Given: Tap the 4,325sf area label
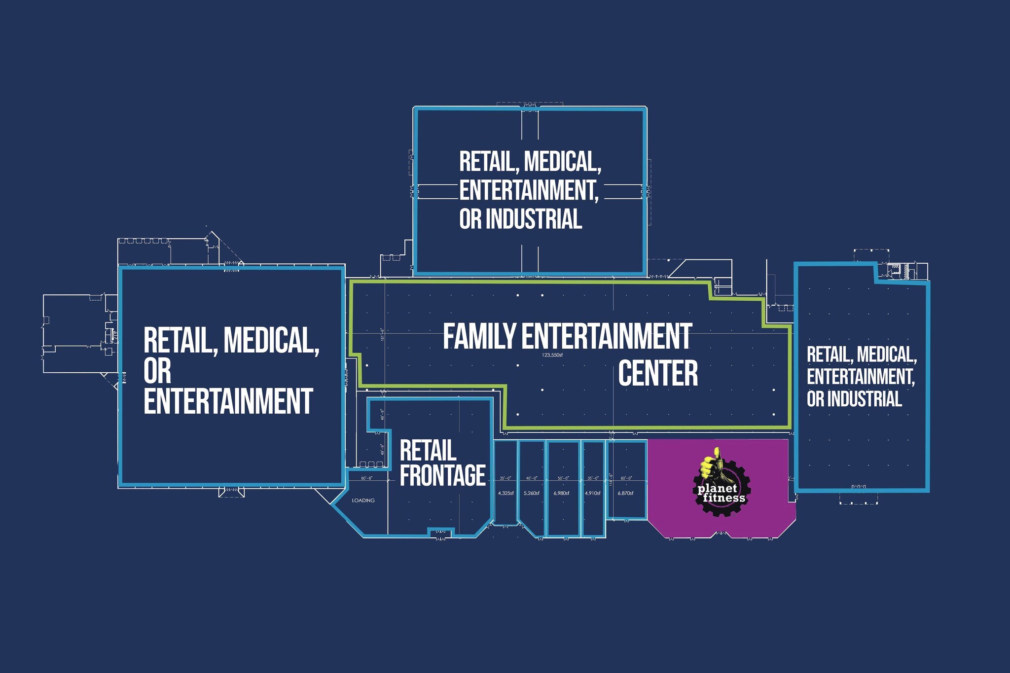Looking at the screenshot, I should pyautogui.click(x=506, y=493).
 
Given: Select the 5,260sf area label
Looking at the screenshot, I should pyautogui.click(x=531, y=493).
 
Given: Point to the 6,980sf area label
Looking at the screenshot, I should pyautogui.click(x=561, y=493).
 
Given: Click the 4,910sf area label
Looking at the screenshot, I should pyautogui.click(x=592, y=493).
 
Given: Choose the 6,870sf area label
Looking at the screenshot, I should pyautogui.click(x=625, y=493).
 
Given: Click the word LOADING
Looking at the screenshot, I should pyautogui.click(x=363, y=500).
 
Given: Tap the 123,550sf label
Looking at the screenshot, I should pyautogui.click(x=552, y=355).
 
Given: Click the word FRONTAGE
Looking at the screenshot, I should pyautogui.click(x=442, y=475).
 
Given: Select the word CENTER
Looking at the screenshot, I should pyautogui.click(x=658, y=373).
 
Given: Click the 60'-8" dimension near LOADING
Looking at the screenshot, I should pyautogui.click(x=366, y=478).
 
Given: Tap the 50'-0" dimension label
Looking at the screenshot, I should pyautogui.click(x=563, y=478).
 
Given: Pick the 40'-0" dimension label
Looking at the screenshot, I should pyautogui.click(x=532, y=478).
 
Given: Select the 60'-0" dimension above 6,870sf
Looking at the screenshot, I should pyautogui.click(x=626, y=478).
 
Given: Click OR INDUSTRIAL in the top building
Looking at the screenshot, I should pyautogui.click(x=520, y=219).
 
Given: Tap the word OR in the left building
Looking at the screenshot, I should pyautogui.click(x=157, y=370).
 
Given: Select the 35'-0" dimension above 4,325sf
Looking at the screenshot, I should pyautogui.click(x=506, y=478).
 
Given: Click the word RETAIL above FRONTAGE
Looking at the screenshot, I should pyautogui.click(x=428, y=450).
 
